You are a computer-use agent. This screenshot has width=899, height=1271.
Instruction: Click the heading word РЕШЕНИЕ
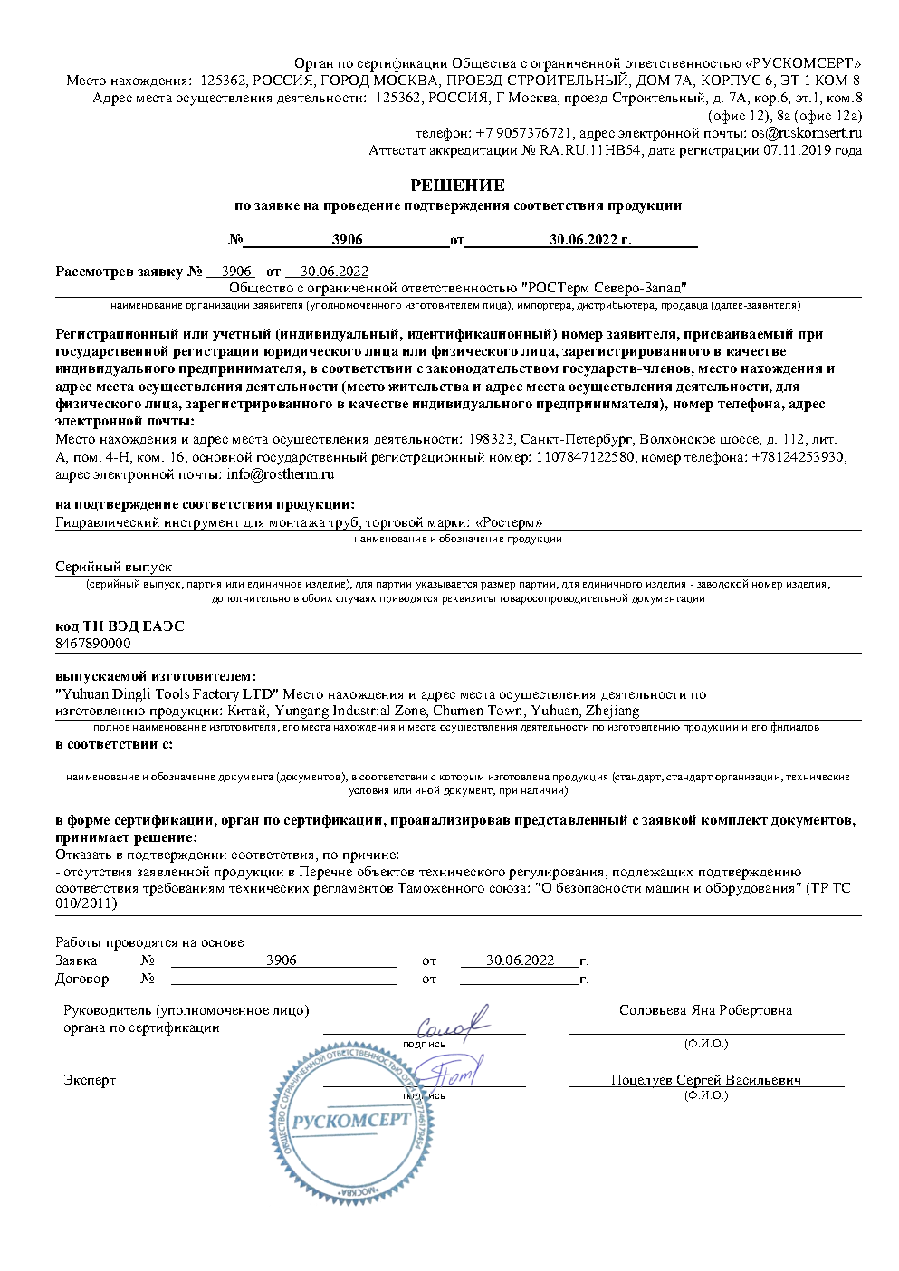(457, 186)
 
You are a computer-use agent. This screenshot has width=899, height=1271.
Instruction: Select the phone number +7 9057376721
(524, 133)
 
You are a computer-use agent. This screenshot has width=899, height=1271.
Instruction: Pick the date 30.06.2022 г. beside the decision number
(589, 240)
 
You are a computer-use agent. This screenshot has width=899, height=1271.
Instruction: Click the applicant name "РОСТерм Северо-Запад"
(598, 288)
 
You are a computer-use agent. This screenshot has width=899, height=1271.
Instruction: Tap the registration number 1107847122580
(586, 457)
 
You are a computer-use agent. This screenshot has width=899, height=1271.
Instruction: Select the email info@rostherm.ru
(280, 474)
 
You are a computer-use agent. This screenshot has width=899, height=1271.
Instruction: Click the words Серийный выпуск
(113, 567)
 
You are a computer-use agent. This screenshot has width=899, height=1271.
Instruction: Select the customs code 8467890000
(92, 644)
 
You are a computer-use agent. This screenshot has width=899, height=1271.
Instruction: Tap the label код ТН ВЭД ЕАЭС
(120, 626)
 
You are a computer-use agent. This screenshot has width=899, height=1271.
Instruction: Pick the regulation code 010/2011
(86, 903)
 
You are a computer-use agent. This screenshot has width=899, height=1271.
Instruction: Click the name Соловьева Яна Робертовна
(705, 1010)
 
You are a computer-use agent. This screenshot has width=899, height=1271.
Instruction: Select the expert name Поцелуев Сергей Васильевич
(705, 1080)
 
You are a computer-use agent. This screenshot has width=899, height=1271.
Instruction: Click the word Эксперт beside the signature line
(90, 1080)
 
